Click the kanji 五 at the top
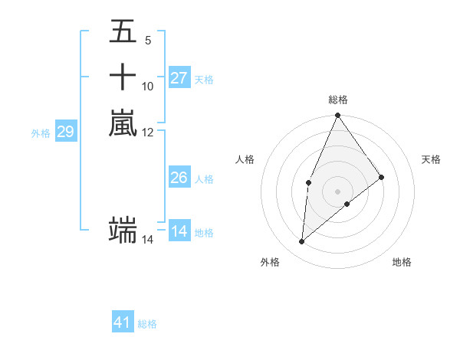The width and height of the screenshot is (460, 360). (123, 31)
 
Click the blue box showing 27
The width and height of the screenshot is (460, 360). (179, 78)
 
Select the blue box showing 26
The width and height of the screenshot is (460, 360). (179, 178)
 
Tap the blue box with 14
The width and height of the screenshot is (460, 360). (179, 231)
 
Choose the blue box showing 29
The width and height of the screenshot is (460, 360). (66, 132)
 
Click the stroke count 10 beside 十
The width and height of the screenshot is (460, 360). (148, 86)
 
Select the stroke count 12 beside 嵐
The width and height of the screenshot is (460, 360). (148, 132)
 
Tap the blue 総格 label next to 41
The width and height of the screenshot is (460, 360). (147, 324)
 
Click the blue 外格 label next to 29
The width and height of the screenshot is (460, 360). (41, 133)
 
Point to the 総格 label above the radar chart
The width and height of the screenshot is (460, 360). (337, 100)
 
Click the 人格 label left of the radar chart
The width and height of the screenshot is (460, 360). (245, 159)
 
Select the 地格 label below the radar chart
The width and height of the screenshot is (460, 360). (402, 262)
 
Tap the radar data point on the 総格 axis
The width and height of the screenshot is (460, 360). (337, 116)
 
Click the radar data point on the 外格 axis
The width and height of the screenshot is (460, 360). (302, 242)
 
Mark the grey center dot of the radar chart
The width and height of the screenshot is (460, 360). (337, 191)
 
